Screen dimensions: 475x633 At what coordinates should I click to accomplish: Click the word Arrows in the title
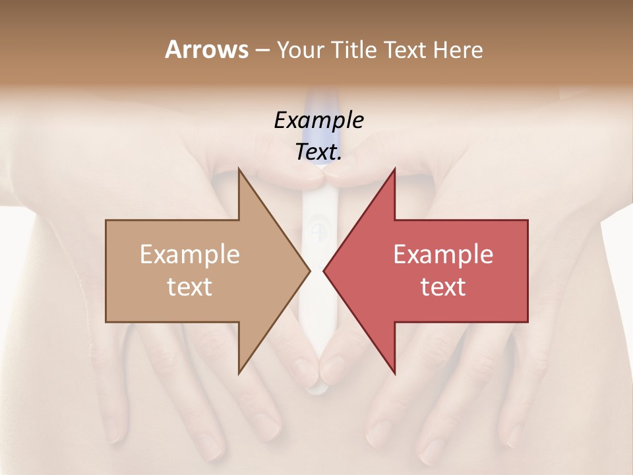pos(206,49)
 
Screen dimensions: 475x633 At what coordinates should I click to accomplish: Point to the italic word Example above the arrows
pos(318,120)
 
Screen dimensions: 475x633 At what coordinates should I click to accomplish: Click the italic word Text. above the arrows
pos(318,152)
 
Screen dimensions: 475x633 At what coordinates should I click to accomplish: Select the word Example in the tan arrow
pos(190,255)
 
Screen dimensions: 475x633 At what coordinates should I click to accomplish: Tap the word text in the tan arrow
pos(190,286)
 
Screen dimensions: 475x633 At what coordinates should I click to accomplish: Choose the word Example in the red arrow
pos(443,255)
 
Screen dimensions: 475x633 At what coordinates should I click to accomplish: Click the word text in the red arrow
pos(443,286)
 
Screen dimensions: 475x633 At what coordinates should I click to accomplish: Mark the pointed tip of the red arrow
pos(324,271)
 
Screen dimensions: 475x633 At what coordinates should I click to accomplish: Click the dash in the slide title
pos(262,50)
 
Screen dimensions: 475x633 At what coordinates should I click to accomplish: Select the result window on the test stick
pos(317,233)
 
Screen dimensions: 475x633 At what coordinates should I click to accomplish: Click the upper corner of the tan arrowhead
pos(239,169)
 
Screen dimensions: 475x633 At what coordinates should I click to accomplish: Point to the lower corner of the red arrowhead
pos(394,373)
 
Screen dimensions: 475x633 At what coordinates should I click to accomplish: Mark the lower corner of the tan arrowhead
pos(239,373)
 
